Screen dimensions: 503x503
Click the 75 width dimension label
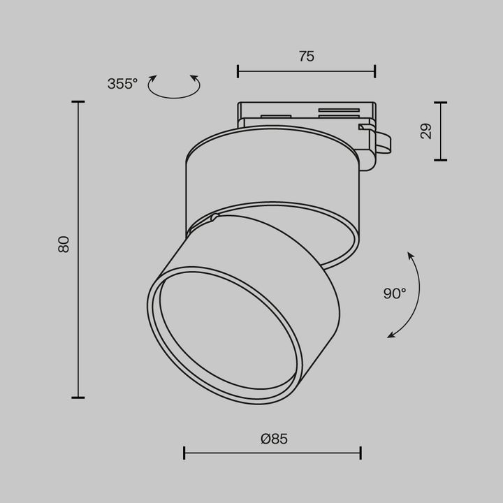(x=306, y=57)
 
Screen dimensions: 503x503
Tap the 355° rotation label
(x=122, y=84)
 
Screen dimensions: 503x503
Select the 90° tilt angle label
(x=394, y=293)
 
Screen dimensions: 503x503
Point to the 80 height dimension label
(x=64, y=244)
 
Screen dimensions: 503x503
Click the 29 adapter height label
(x=425, y=131)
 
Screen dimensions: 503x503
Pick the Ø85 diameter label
(x=274, y=439)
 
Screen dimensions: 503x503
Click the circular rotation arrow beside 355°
(x=175, y=87)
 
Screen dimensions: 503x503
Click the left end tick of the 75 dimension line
(x=238, y=71)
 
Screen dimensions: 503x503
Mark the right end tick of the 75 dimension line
(x=375, y=71)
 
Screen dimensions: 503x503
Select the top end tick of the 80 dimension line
(x=78, y=102)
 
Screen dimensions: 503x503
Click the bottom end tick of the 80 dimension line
(x=78, y=398)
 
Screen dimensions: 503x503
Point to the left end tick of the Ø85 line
(x=184, y=453)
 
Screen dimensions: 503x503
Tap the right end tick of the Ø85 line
(x=360, y=453)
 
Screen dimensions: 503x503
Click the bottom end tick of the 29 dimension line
(x=440, y=160)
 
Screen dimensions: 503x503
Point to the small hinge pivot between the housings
(x=214, y=218)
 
